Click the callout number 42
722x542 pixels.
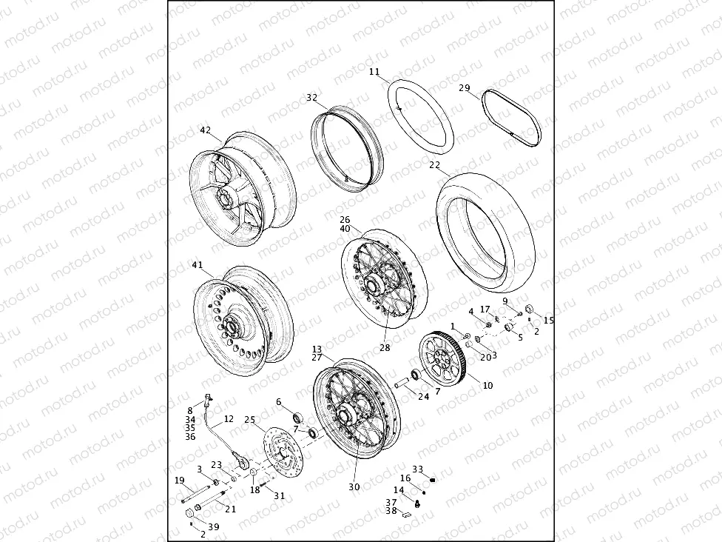(205, 130)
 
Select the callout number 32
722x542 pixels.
(311, 97)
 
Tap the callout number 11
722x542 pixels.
(374, 72)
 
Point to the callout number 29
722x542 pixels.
(464, 88)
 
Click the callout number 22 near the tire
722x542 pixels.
(434, 165)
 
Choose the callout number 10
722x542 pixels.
(487, 385)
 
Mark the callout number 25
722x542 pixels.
(249, 419)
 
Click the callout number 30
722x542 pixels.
(354, 486)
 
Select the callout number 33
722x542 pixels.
(417, 469)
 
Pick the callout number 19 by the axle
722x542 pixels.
(179, 481)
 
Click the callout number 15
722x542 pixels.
(548, 320)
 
